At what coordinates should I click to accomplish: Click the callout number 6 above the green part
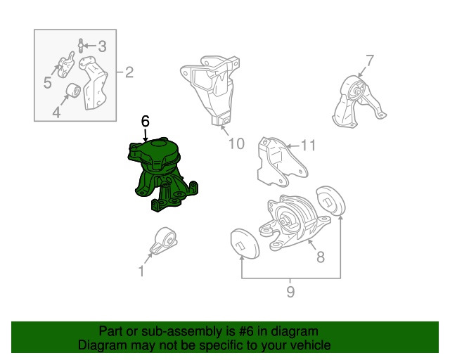click(x=146, y=121)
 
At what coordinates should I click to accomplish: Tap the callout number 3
click(x=102, y=46)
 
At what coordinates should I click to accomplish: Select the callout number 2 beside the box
click(x=129, y=72)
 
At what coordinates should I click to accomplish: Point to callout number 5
click(x=48, y=83)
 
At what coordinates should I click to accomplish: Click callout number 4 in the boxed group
click(x=56, y=112)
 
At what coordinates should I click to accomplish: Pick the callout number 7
click(x=370, y=60)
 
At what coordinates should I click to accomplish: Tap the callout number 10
click(x=236, y=143)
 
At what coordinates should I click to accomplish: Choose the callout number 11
click(x=308, y=146)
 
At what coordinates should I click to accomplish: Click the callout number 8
click(x=321, y=257)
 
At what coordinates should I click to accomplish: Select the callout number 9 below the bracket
click(x=290, y=292)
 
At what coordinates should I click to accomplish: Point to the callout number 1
click(x=141, y=271)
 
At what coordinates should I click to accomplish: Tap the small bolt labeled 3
click(x=81, y=46)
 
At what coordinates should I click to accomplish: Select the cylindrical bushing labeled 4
click(x=73, y=91)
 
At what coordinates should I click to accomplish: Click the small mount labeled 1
click(x=164, y=240)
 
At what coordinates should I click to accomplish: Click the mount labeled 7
click(x=359, y=102)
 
